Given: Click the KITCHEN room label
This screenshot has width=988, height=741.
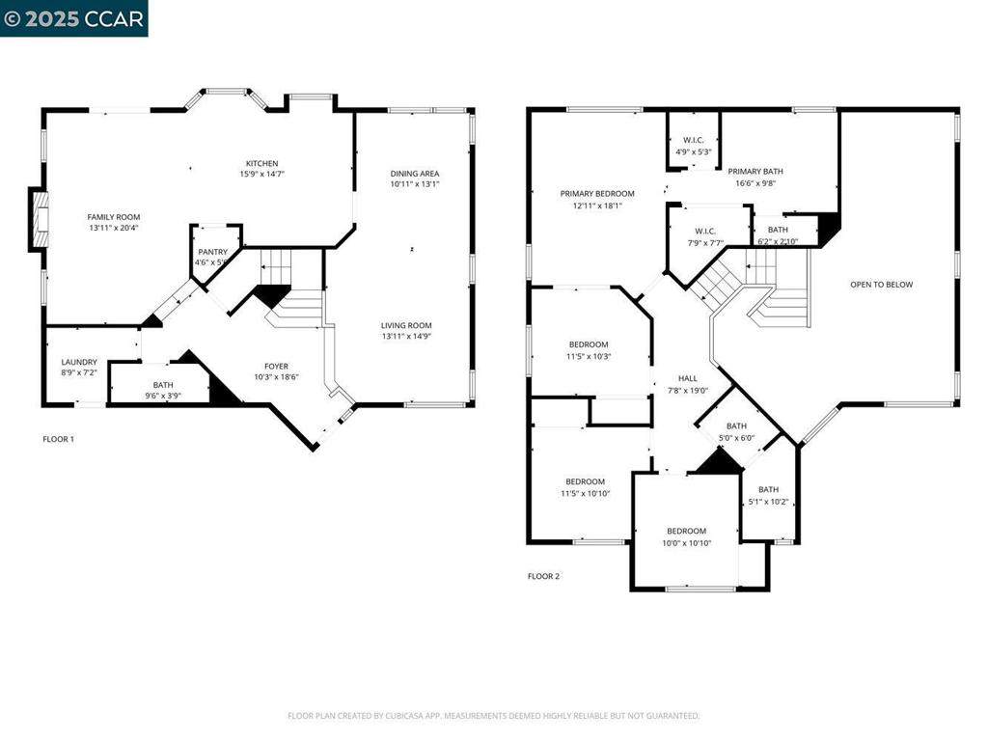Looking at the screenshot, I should click(x=261, y=163).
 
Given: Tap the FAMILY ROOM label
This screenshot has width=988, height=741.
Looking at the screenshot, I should click(x=114, y=217).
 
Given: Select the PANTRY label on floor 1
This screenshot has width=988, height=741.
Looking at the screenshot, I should click(x=213, y=252).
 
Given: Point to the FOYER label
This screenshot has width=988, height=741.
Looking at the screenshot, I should click(x=276, y=366).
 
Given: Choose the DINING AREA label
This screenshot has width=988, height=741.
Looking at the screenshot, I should click(x=415, y=174).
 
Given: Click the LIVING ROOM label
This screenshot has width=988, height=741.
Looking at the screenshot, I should click(x=406, y=325).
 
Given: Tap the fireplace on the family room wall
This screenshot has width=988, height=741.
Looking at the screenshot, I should click(x=40, y=221).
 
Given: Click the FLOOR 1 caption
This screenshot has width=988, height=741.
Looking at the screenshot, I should click(x=58, y=439).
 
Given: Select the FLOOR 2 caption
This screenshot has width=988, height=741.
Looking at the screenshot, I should click(x=543, y=576).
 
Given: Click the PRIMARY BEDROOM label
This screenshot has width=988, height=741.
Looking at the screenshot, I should click(x=597, y=193).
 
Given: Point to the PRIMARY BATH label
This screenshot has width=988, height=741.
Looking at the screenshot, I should click(x=755, y=171).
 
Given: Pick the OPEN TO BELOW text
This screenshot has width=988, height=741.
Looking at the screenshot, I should click(x=881, y=285).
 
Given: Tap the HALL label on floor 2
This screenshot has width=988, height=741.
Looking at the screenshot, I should click(x=687, y=379).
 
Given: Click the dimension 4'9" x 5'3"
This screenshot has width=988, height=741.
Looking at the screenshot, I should click(x=693, y=151).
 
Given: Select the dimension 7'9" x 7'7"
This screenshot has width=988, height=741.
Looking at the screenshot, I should click(x=703, y=243).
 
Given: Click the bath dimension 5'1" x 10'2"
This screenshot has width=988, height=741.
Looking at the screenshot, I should click(x=768, y=502).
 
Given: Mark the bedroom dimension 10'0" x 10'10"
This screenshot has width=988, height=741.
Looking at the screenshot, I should click(x=686, y=543).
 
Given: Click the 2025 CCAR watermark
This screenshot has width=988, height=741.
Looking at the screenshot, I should click(x=74, y=18).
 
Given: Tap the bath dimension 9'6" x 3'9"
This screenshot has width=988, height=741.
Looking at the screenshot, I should click(x=163, y=396).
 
